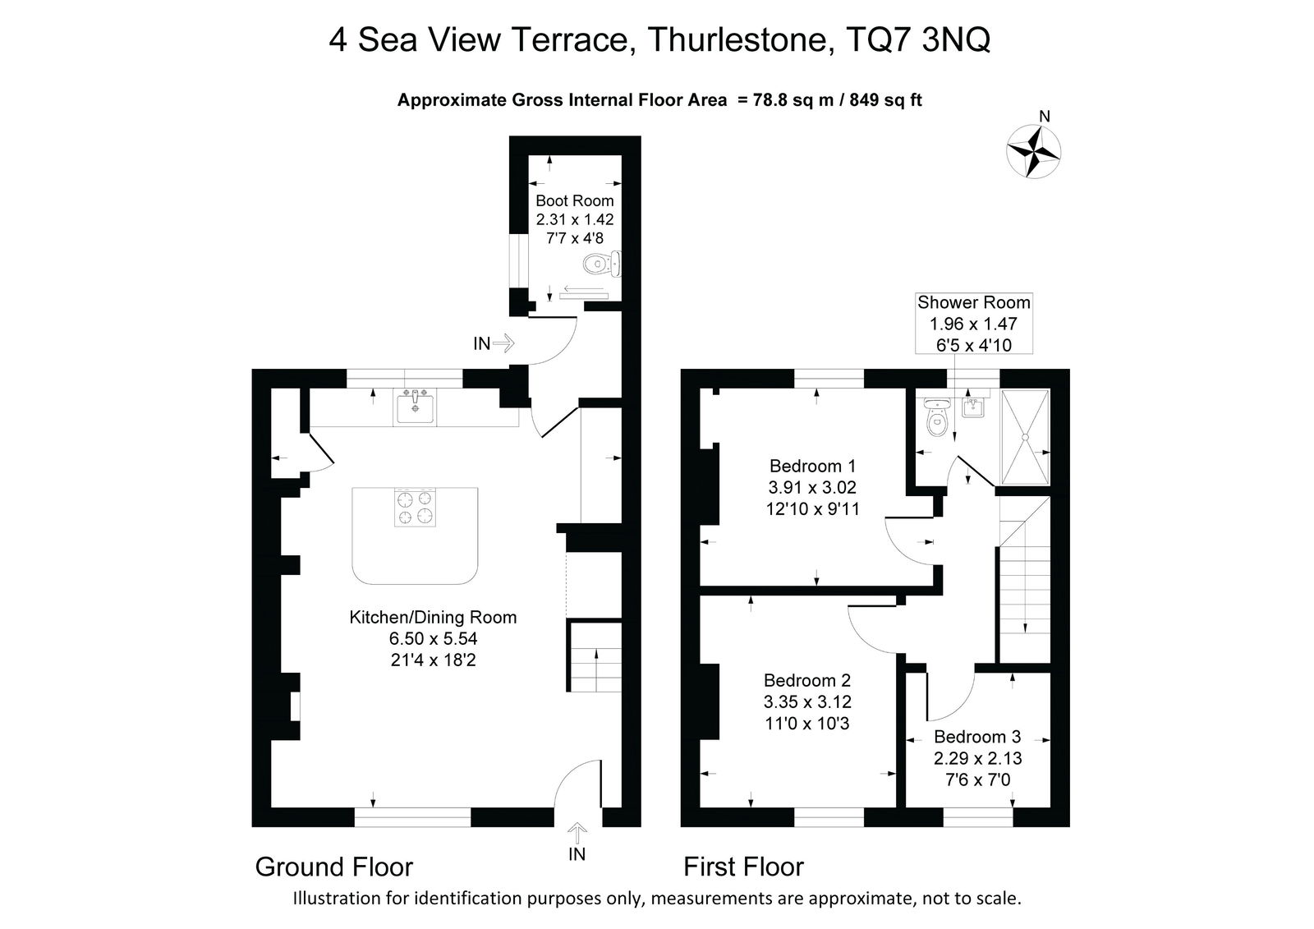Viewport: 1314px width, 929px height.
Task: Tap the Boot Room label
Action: (574, 200)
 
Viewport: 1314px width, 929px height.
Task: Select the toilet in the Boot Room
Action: (600, 264)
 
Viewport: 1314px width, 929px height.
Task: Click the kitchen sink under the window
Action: (416, 407)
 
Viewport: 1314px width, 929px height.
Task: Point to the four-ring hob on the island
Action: (415, 508)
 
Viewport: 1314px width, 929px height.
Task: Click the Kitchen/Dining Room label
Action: (433, 618)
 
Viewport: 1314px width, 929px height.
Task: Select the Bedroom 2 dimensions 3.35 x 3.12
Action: (807, 702)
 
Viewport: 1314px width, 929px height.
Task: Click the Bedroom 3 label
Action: (976, 737)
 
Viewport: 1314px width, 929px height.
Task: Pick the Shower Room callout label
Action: (973, 302)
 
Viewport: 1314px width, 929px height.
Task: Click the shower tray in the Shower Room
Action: (1026, 437)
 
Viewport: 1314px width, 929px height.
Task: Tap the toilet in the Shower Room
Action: (935, 419)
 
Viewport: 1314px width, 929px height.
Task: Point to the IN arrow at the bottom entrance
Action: (577, 834)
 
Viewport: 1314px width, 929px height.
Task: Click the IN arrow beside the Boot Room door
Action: (503, 343)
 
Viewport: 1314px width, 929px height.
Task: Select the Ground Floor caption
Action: (333, 867)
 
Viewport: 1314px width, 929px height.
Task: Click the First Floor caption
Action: (743, 867)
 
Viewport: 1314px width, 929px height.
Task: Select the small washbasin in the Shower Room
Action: (972, 406)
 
